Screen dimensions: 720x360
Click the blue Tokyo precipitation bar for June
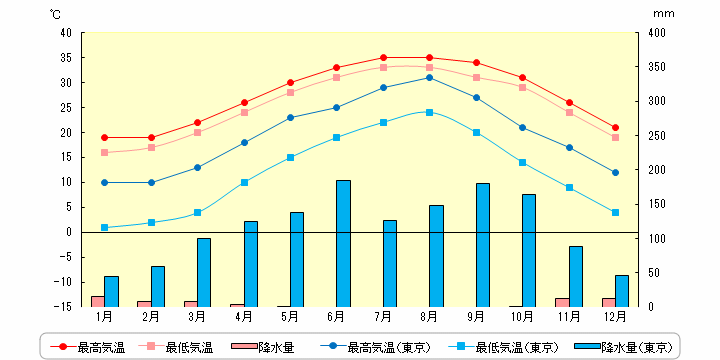(343, 243)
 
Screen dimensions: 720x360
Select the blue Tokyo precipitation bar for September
(483, 245)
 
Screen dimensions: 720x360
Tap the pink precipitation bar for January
(97, 301)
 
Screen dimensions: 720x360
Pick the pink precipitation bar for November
(562, 302)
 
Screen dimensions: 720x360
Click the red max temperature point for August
(429, 57)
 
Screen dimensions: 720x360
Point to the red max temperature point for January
(104, 137)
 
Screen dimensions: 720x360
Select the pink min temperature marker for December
(616, 137)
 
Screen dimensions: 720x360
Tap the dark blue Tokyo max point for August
(429, 78)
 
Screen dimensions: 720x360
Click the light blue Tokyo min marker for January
(104, 227)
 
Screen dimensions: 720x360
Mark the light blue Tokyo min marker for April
(244, 182)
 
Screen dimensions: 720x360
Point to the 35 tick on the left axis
(66, 58)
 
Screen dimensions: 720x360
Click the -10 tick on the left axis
(63, 282)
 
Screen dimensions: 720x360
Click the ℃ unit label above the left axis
(55, 14)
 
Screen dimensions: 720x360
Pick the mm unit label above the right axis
(664, 14)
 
